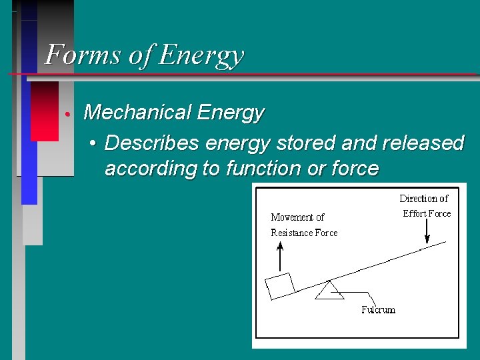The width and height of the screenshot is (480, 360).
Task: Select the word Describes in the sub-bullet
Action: pos(151,143)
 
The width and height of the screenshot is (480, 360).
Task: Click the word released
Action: pos(421,143)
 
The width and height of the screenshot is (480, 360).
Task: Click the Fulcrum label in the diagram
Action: pos(378,309)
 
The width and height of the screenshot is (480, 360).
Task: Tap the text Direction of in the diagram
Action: pos(424,199)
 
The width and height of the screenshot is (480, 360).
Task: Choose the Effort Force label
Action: pos(427,213)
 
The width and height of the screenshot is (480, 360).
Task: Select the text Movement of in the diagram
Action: pos(297,217)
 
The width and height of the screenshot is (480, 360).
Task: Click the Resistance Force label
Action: pos(304,233)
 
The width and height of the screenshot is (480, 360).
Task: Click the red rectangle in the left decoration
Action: pos(45,111)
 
